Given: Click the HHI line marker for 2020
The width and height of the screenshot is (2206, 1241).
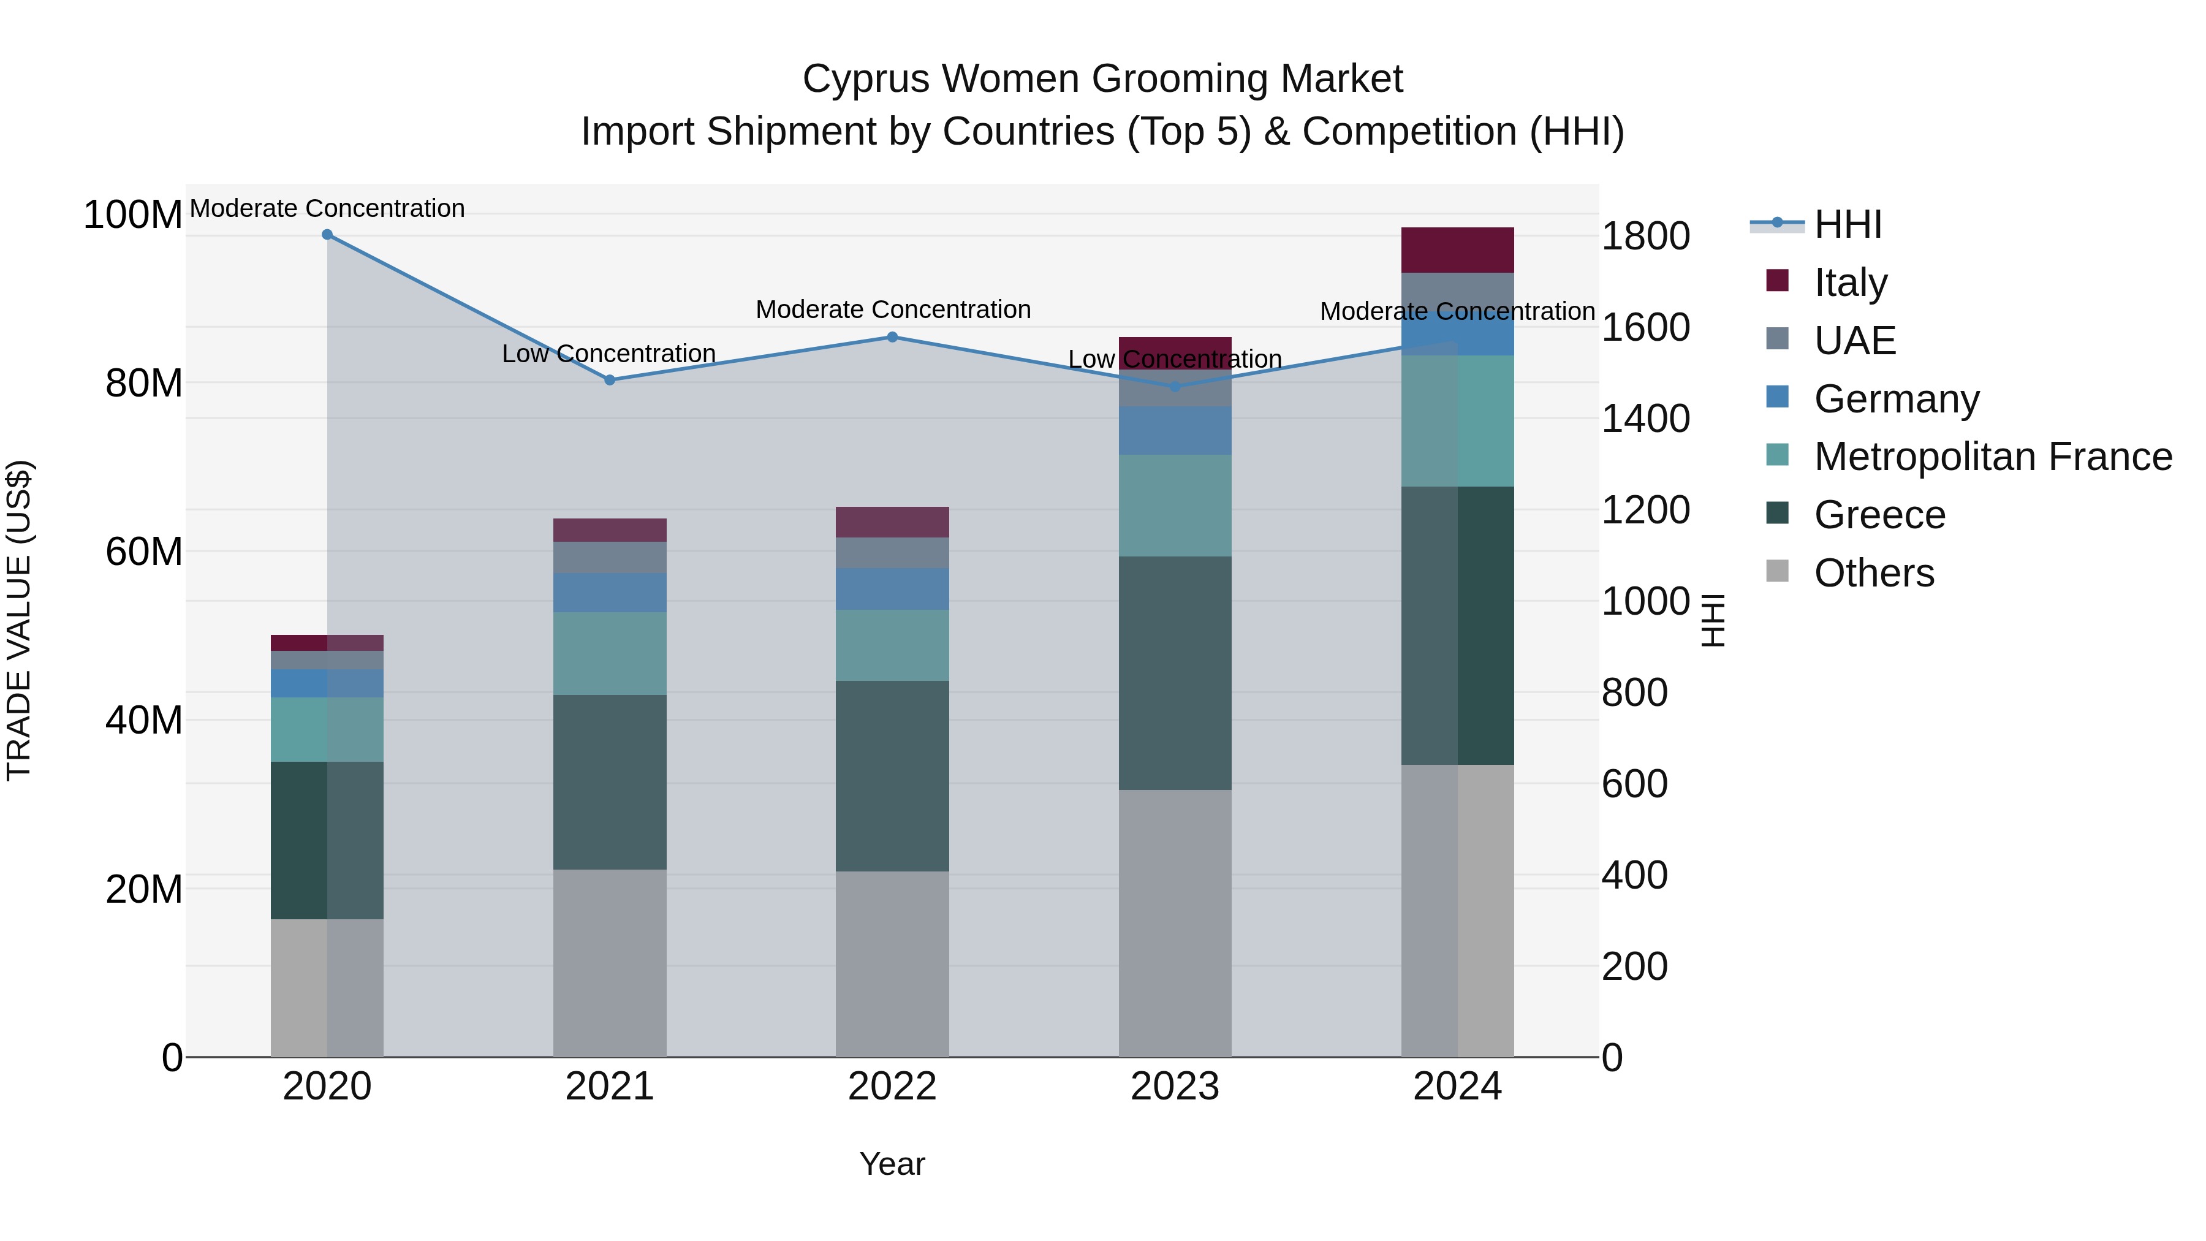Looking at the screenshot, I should (327, 235).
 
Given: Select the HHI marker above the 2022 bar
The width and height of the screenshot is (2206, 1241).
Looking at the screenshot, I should (892, 338).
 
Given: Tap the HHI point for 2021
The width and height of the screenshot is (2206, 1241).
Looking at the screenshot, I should (610, 380).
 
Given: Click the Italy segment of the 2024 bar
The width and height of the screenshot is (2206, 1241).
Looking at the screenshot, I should (1458, 250).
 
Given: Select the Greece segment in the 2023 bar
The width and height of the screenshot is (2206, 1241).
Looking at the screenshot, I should (1175, 673).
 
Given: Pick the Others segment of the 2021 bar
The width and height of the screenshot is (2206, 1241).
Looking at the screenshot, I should (610, 963).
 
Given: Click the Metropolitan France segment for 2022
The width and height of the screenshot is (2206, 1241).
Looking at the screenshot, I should (892, 646).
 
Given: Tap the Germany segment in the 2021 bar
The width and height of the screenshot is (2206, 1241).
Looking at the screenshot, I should (610, 593).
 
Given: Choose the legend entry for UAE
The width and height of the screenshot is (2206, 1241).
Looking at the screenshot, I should (1854, 341).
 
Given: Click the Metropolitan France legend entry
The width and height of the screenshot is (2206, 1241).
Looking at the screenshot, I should (1992, 457).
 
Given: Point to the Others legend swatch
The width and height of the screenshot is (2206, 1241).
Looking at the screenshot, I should (1778, 571).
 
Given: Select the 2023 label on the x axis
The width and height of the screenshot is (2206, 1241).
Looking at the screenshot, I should (1175, 1087).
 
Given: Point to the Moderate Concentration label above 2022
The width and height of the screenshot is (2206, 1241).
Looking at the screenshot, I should (892, 309).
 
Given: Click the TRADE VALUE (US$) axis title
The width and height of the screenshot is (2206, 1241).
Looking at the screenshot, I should (19, 620).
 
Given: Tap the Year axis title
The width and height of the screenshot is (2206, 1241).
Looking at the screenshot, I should (892, 1164).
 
